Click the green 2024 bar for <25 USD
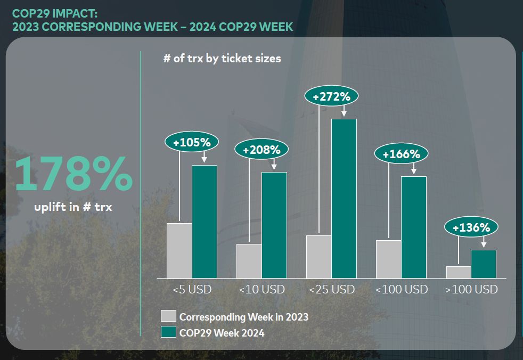coord(344,198)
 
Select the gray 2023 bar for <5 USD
coord(179,250)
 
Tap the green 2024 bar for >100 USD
coord(483,264)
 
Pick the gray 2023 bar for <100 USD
coord(388,259)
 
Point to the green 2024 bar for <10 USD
coord(274,225)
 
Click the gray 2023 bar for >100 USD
coord(459,272)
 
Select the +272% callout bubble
coord(331,97)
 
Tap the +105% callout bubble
coord(192,142)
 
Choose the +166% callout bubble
coord(402,154)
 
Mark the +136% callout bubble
coord(471,228)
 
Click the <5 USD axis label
coord(192,290)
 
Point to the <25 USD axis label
coord(331,290)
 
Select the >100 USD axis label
coord(471,290)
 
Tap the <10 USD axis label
coord(261,290)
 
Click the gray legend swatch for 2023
coord(168,316)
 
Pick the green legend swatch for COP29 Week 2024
coord(168,333)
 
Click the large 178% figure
coord(73,175)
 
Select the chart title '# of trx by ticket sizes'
coord(222,59)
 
